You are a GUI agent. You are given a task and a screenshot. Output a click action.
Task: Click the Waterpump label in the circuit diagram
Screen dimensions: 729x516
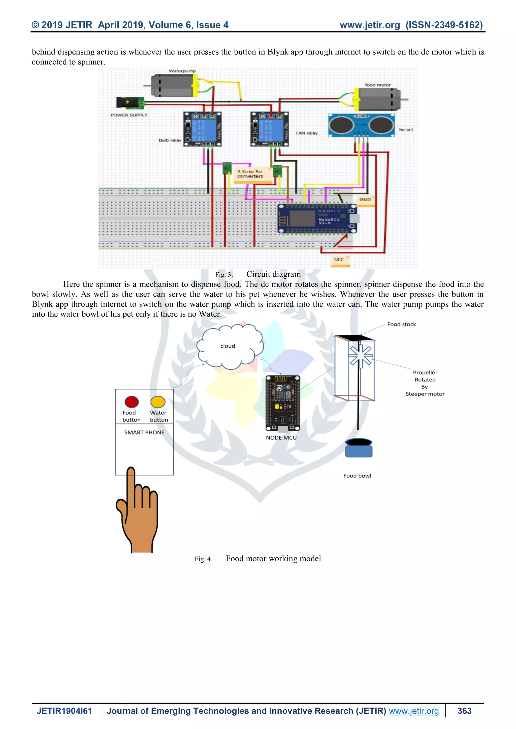(182, 71)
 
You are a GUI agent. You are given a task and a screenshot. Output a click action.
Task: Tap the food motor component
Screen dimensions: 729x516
(378, 99)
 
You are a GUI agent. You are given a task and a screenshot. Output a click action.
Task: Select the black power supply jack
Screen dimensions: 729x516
(130, 102)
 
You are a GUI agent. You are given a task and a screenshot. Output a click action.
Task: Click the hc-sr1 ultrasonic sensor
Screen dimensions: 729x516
(361, 125)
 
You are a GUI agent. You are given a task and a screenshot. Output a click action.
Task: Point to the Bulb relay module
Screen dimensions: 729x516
(202, 129)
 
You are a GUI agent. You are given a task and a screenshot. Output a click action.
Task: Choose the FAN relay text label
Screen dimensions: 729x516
(307, 133)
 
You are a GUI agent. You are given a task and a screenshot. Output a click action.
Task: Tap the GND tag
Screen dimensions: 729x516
(365, 200)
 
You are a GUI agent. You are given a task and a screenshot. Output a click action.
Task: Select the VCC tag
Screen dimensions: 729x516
(339, 260)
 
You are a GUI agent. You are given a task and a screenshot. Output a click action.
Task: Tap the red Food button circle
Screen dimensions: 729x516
(132, 402)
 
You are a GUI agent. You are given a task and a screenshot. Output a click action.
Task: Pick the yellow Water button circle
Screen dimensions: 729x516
(158, 402)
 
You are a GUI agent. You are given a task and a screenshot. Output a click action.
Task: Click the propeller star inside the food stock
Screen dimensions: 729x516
(361, 356)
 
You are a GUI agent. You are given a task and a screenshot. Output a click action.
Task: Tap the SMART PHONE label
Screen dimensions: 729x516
(144, 432)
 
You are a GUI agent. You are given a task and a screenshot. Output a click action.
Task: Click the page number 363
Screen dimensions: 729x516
(464, 711)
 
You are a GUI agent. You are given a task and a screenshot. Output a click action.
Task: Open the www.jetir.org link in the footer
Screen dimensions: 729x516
(414, 711)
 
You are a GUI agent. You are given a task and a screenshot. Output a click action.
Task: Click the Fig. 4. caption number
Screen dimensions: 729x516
(203, 559)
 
